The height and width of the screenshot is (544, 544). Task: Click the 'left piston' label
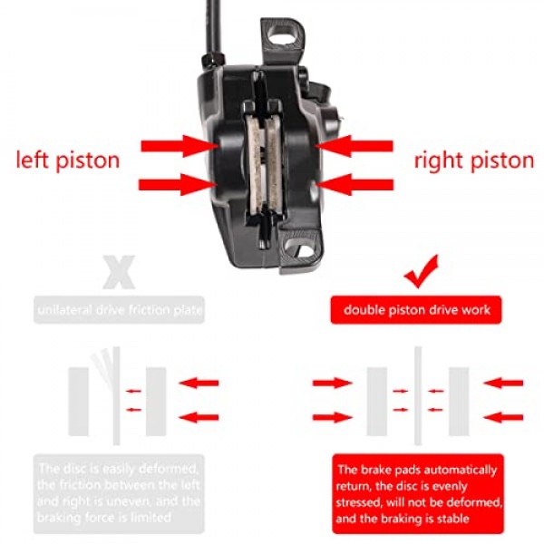(x=68, y=161)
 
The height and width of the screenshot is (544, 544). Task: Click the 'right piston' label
(x=474, y=161)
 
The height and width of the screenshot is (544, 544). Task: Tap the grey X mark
(x=118, y=270)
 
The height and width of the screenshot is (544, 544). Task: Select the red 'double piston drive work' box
(x=417, y=310)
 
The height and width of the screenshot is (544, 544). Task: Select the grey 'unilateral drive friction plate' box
(x=118, y=310)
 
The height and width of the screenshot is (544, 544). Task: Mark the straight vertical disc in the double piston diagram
(x=417, y=399)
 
